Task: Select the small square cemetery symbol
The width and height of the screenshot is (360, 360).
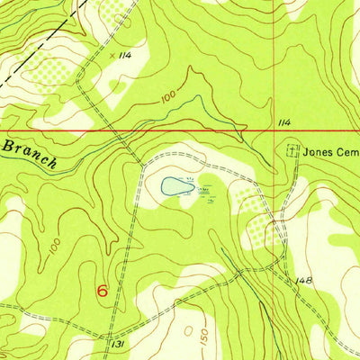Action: (291, 151)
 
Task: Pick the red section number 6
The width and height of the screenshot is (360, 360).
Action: (102, 292)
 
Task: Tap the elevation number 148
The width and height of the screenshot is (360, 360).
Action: (304, 282)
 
